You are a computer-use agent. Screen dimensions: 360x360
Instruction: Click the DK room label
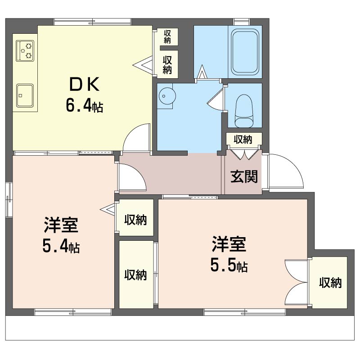84,84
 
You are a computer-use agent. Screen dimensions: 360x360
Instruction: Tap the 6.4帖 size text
84,105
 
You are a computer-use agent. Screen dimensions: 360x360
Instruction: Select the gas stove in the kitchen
25,51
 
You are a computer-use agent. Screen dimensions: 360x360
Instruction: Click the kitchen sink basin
25,95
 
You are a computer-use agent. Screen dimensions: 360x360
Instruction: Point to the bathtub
245,52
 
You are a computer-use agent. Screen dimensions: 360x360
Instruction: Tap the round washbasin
167,96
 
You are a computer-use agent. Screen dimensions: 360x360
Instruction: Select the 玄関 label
244,176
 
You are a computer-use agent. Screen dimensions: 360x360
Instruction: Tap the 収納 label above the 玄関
243,139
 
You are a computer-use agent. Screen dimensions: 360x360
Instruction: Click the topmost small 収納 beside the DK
167,37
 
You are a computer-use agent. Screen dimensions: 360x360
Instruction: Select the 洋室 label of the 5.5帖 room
229,244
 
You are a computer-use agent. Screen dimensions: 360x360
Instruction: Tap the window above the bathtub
242,22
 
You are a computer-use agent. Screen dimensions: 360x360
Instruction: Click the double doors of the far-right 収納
296,282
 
